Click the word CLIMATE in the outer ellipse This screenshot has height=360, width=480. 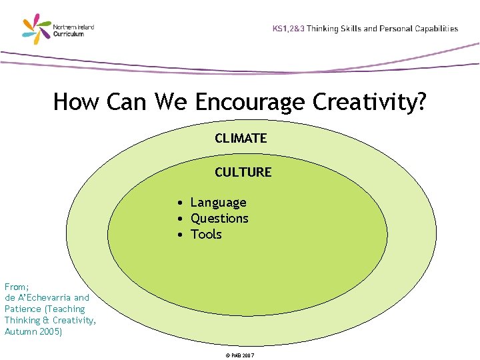pos(241,139)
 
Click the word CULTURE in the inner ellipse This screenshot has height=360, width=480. pos(243,172)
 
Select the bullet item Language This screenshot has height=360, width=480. pos(218,203)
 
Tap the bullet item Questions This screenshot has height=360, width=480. pos(219,219)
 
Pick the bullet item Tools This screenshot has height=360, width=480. pos(206,235)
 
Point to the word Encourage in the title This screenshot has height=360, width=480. pos(249,103)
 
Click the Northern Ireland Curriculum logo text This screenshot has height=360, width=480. pos(77,31)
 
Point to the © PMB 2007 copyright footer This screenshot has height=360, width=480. pos(240,355)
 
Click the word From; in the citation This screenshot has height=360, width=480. pos(17,286)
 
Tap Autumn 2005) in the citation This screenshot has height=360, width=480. pos(33,331)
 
